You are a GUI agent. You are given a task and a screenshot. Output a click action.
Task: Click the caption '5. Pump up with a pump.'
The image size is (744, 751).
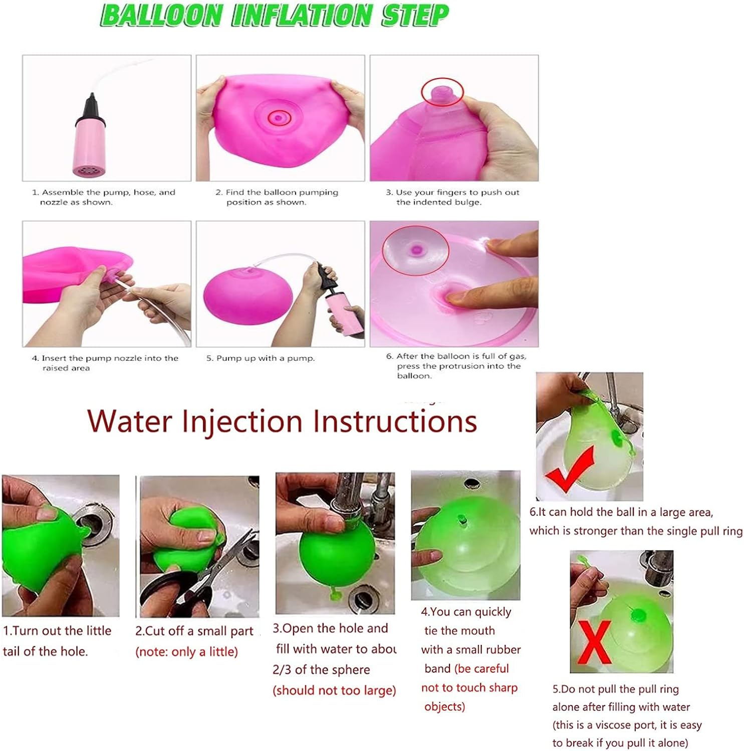coord(261,358)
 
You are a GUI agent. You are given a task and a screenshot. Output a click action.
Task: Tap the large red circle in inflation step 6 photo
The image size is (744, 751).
coord(415,249)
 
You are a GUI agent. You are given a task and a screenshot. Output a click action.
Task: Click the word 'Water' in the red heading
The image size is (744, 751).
coord(130,421)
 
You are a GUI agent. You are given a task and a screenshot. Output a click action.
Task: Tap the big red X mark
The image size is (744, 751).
coord(594,642)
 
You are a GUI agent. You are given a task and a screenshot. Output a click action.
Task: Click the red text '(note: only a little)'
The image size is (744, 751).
coord(186,652)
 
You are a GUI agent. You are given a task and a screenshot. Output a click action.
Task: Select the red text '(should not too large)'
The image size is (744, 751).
coord(334,690)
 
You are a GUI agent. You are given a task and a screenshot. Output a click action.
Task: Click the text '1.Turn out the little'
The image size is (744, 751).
coord(57,631)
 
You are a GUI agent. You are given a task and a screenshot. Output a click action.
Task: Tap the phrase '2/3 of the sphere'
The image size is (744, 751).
coord(321,670)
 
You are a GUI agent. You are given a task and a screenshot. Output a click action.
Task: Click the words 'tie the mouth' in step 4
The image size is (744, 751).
coord(459,631)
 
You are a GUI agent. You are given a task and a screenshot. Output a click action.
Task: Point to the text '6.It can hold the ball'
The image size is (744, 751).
coord(586,512)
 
